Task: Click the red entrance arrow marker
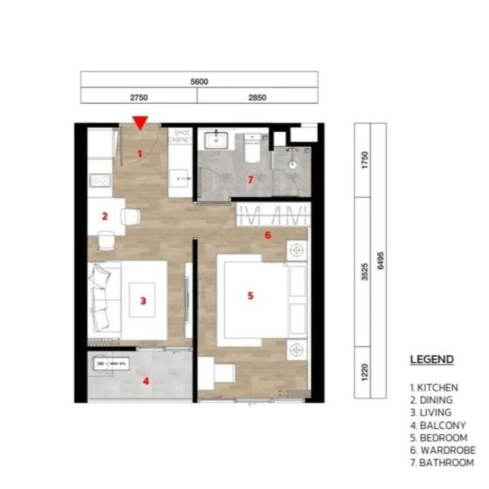140,122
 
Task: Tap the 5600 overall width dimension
199,81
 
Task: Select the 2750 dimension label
139,98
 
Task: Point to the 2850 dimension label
257,98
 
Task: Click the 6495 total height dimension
381,261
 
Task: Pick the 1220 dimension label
365,372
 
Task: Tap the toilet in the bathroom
252,148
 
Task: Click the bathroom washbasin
216,141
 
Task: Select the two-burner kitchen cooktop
100,180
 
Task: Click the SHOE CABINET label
180,136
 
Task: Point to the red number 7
250,179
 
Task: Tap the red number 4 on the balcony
146,381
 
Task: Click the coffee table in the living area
142,300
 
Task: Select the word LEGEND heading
432,359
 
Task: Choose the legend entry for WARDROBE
443,450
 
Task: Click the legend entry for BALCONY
438,425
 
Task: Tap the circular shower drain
292,164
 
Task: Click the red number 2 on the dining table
104,216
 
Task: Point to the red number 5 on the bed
250,296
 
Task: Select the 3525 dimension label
365,272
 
